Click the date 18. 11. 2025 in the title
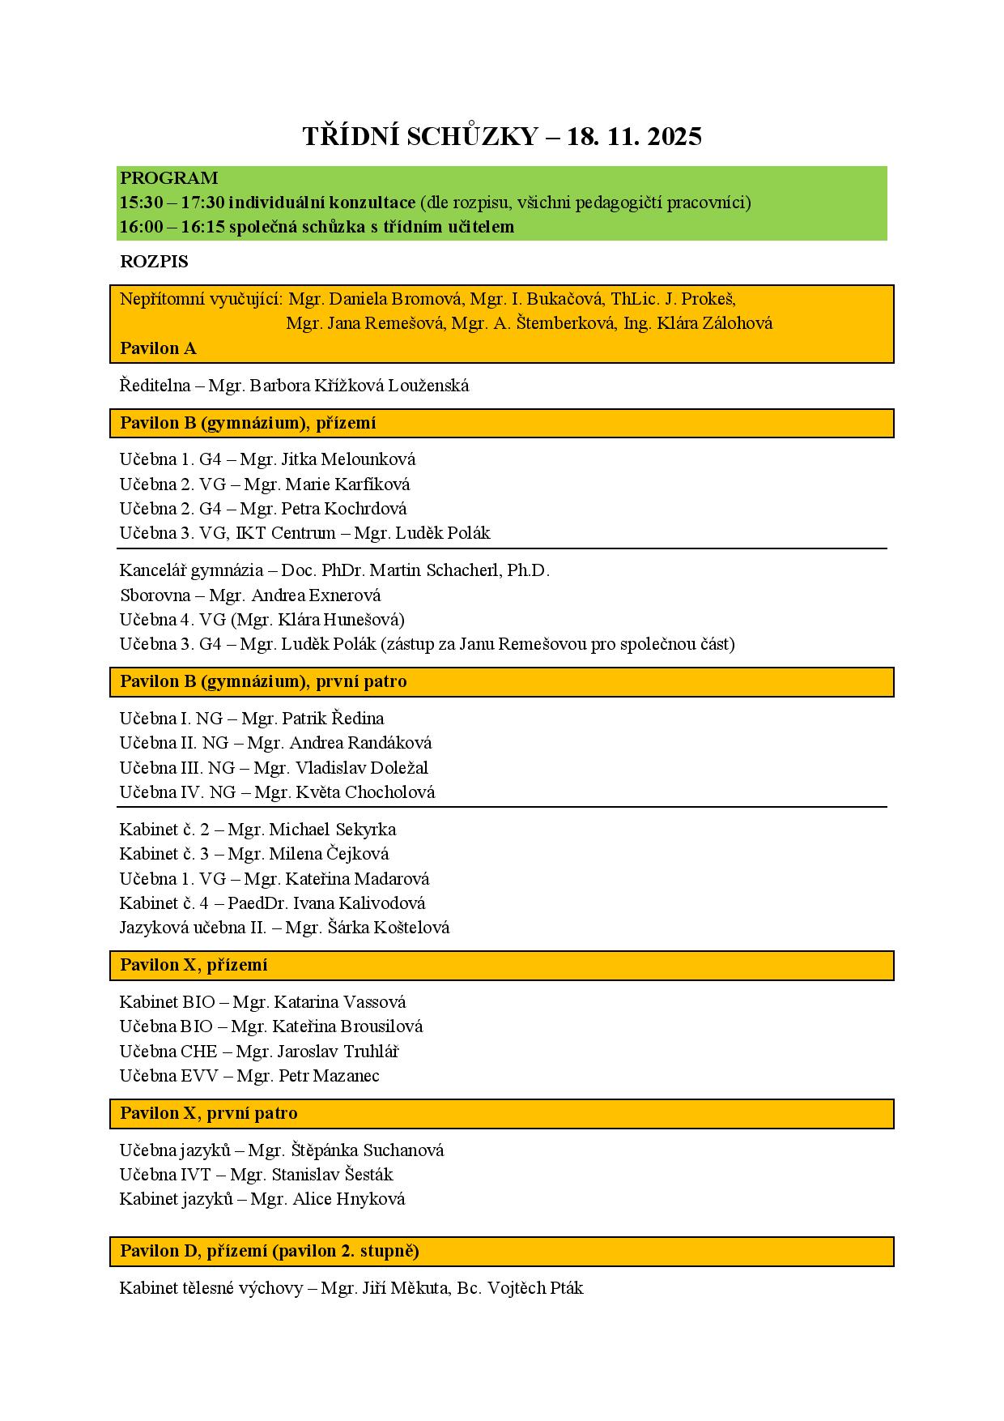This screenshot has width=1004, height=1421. tap(634, 137)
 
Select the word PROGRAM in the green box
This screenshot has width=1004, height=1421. tap(168, 178)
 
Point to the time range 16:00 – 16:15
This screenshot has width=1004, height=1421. tap(172, 227)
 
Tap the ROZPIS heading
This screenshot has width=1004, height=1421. tap(154, 262)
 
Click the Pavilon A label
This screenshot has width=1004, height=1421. tap(158, 348)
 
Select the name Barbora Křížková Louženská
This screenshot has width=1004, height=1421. tap(359, 386)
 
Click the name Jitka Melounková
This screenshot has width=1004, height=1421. tap(348, 459)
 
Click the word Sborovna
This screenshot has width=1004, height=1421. tap(155, 595)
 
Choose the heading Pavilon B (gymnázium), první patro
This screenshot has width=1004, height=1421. tap(263, 681)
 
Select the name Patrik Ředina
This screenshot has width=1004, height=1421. tap(332, 719)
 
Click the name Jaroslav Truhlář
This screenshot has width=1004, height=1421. tap(338, 1052)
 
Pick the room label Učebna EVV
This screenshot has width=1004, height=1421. tap(168, 1076)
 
